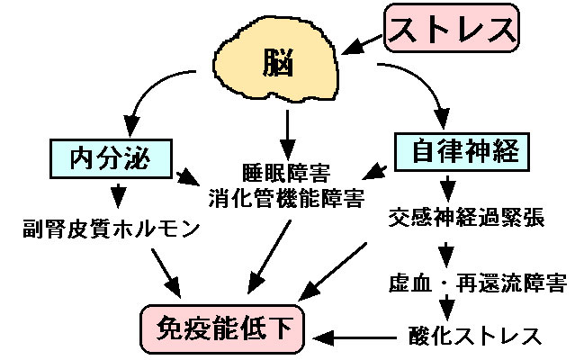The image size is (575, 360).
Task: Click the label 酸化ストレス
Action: tap(470, 337)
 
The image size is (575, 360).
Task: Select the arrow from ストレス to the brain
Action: tap(364, 42)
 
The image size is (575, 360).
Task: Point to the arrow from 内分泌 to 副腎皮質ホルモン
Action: tap(117, 193)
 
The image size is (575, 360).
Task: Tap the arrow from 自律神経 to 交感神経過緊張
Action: tap(446, 186)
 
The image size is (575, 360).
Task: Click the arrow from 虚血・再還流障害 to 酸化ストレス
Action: tap(446, 310)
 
